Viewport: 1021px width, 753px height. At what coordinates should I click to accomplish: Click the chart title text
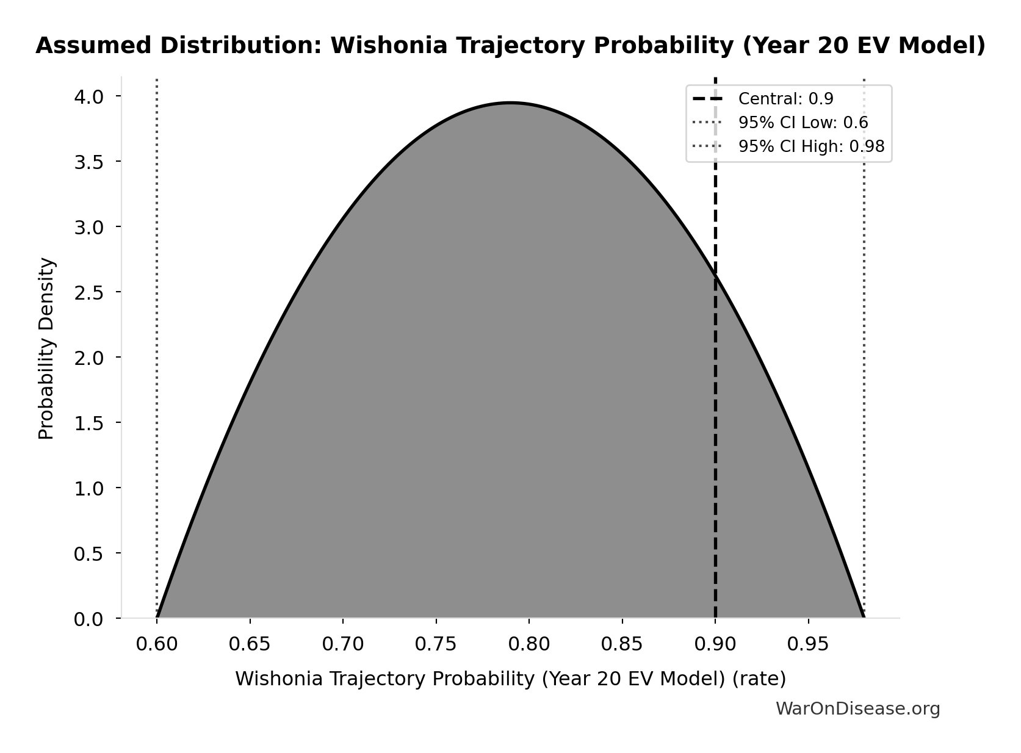pos(510,46)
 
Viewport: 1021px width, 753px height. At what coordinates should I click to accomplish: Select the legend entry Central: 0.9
pos(785,99)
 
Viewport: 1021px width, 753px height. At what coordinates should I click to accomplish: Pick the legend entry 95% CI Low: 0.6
pos(803,123)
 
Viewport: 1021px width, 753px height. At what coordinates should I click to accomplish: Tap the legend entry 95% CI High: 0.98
pos(811,146)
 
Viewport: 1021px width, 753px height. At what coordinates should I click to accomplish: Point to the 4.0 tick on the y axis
pos(89,96)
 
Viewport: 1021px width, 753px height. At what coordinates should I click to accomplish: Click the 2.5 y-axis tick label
pos(89,292)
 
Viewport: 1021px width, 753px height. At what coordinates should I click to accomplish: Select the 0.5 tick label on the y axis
pos(89,553)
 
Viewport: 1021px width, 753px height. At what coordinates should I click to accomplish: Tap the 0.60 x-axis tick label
pos(157,644)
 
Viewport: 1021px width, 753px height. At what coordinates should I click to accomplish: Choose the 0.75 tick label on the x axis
pos(436,644)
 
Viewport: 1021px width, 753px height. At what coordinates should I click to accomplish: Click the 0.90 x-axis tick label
pos(715,644)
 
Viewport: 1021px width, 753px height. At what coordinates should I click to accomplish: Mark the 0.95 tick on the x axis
pos(808,644)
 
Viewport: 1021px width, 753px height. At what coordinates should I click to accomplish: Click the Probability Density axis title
pos(47,348)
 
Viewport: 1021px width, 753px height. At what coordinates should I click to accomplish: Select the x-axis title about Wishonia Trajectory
pos(510,679)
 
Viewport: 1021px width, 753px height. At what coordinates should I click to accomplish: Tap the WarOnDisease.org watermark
pos(857,709)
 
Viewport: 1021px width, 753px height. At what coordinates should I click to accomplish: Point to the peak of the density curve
pos(510,103)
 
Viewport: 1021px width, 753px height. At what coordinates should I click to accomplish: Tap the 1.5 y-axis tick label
pos(89,423)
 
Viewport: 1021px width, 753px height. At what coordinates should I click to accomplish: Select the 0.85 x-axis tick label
pos(622,644)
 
